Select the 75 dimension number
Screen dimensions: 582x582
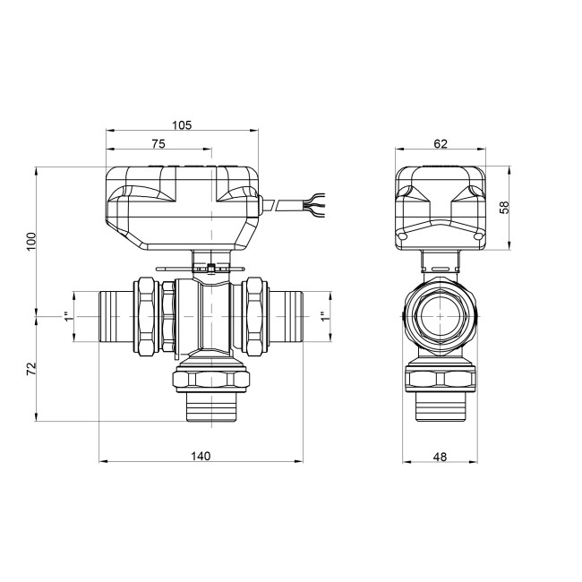click(158, 142)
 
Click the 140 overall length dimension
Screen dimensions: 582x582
click(201, 456)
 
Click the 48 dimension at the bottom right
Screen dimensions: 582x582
click(439, 456)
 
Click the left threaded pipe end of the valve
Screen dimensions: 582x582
click(113, 316)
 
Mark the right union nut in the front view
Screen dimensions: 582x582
click(254, 316)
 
